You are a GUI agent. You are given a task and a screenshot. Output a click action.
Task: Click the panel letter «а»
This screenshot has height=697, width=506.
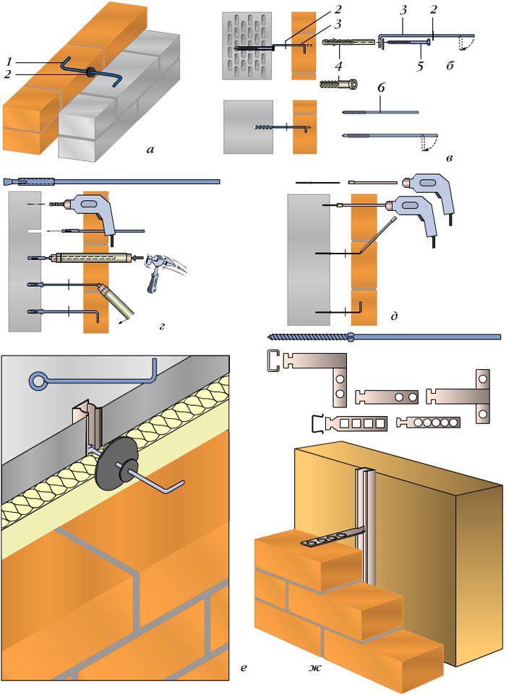149,150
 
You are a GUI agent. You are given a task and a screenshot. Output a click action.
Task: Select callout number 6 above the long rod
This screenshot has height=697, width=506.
379,88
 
